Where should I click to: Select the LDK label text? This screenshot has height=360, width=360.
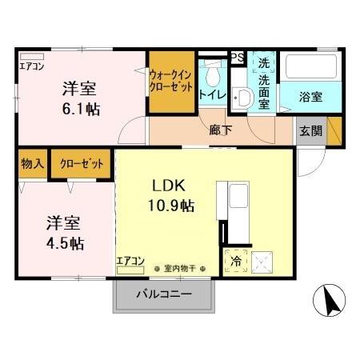pos(170,186)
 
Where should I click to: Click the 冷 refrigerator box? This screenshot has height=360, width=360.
pos(237,259)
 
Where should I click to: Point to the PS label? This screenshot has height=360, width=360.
pos(237,57)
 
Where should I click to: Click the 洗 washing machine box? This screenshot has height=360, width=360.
pos(263,62)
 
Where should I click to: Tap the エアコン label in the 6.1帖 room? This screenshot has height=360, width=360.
pos(32,66)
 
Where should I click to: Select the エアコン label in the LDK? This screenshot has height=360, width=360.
pos(130,260)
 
